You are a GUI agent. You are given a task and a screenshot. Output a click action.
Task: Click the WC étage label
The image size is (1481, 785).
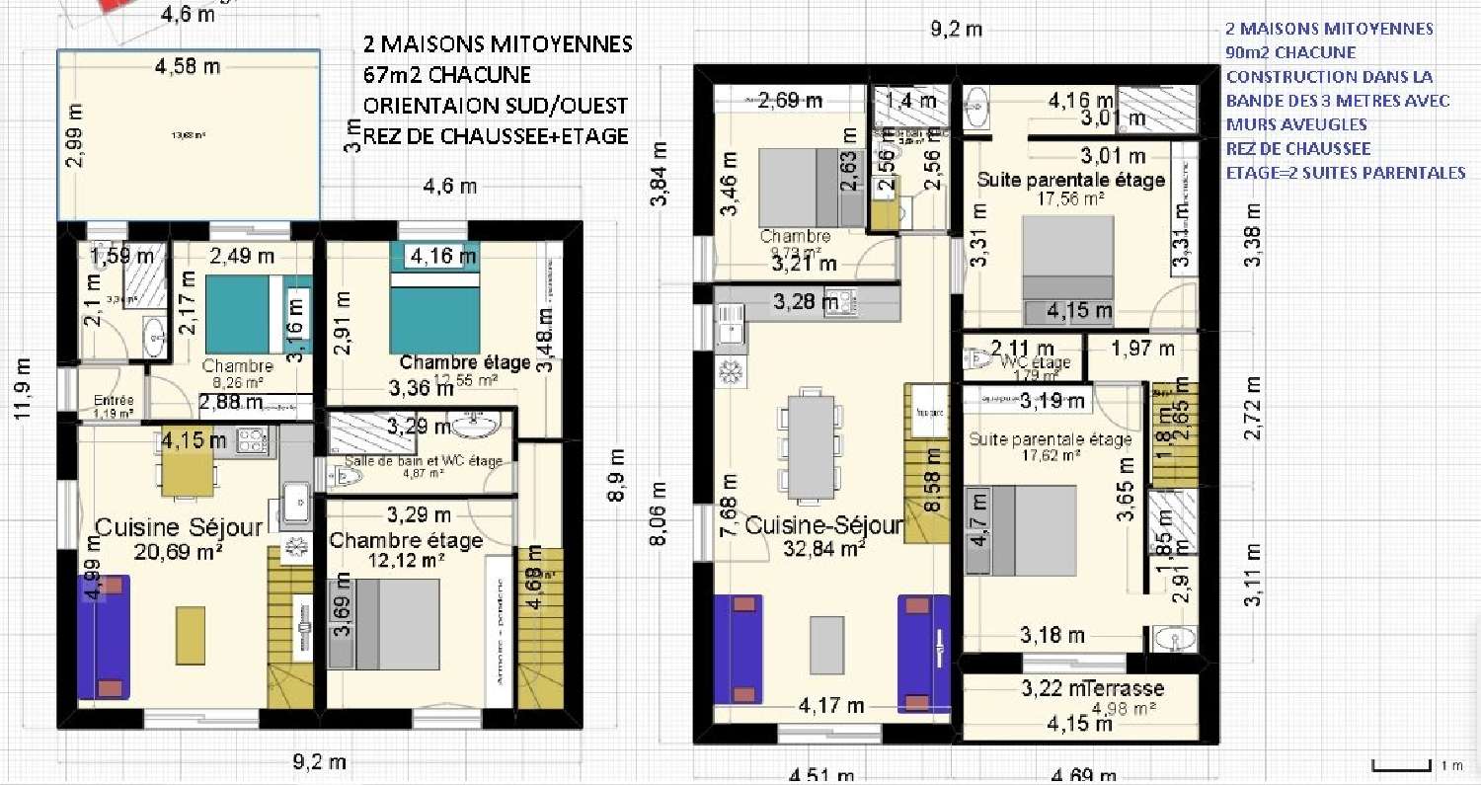[x=1036, y=361]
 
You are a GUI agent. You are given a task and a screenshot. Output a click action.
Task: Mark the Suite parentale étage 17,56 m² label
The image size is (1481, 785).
[x=1070, y=181]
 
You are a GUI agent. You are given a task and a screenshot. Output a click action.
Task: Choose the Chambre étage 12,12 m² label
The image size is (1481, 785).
[x=406, y=542]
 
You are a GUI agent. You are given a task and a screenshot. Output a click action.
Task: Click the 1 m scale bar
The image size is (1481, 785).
[x=1402, y=765]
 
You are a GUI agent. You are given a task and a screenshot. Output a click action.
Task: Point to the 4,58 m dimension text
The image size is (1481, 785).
[x=188, y=67]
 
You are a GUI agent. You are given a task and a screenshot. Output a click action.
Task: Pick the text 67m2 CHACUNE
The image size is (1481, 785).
[x=446, y=76]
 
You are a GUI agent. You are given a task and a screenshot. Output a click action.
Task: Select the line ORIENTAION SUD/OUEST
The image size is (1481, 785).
[x=495, y=105]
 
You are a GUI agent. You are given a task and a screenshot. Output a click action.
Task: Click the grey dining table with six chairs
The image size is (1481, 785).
[x=812, y=445]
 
